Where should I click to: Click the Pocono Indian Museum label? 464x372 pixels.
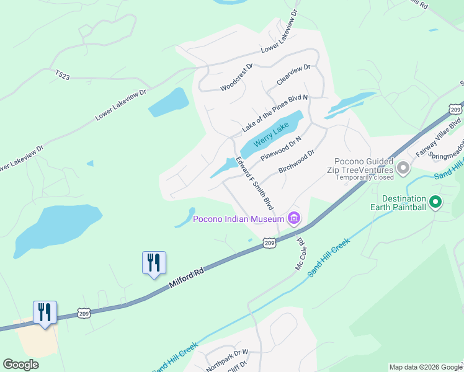point(238,218)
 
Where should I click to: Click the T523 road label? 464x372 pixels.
point(62,75)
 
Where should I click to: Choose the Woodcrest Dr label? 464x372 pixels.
point(237,77)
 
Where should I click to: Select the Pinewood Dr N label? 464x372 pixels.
point(281,149)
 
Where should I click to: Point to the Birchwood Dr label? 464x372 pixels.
point(297,161)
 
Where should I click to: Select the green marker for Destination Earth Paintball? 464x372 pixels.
point(435,201)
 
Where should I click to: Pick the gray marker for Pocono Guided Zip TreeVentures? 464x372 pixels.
point(403,167)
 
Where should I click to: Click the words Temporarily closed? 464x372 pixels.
point(365,177)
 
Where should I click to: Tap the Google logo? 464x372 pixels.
point(20,365)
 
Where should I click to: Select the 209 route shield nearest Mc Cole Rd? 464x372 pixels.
point(269,243)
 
